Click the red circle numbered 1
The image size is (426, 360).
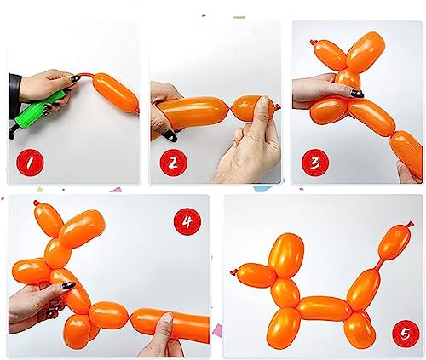tap(30, 163)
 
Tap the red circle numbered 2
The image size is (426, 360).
tap(174, 163)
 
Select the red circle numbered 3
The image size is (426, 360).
tap(315, 163)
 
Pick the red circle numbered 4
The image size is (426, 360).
tap(187, 221)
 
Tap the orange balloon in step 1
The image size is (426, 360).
tap(116, 93)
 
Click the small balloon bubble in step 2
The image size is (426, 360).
tap(251, 108)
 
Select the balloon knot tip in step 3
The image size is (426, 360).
tap(314, 43)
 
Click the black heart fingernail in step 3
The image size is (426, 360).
tap(357, 94)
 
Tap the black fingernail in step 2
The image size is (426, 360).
tap(170, 135)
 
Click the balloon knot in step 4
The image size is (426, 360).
tap(37, 203)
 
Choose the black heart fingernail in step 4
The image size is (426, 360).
tap(69, 285)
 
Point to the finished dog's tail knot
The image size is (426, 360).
tap(410, 224)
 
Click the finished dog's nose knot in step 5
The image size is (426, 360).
tap(233, 272)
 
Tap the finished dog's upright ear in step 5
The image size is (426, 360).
tap(286, 255)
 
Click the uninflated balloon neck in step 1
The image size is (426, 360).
tap(85, 76)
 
